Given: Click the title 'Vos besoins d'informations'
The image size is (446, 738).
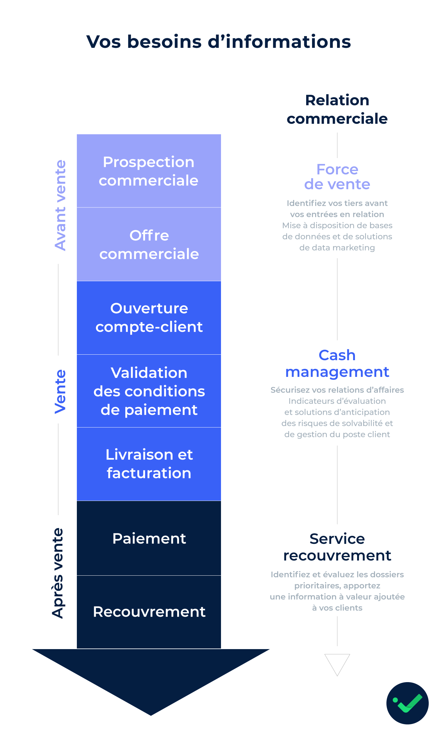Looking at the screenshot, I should (219, 42).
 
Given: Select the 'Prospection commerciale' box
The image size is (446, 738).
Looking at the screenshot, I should (149, 171).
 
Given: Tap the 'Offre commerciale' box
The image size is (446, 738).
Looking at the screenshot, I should (149, 244).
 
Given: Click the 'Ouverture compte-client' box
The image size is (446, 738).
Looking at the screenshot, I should (149, 318).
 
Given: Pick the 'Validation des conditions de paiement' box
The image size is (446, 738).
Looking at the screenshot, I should (149, 391).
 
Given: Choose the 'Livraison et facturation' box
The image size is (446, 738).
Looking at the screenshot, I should (149, 464).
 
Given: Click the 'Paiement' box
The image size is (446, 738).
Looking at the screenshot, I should (149, 538).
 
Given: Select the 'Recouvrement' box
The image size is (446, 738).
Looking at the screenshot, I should (149, 611).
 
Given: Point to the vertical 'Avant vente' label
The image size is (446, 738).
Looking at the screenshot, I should (60, 205).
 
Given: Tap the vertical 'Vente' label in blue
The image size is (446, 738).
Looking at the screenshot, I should (60, 391).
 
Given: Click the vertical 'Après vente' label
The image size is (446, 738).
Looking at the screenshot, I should (58, 573).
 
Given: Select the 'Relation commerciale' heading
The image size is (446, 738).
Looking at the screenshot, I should (337, 109).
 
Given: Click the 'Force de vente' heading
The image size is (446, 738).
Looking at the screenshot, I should (337, 177).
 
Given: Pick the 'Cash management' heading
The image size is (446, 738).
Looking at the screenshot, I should (337, 364).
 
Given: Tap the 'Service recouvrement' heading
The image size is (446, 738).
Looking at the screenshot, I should (337, 547).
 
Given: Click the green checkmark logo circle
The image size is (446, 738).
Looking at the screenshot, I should (407, 703).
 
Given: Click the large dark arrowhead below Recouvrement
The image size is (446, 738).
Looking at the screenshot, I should (151, 676).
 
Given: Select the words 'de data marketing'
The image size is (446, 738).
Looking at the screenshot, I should (337, 248).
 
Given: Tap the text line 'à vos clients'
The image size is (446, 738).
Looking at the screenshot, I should (337, 608).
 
